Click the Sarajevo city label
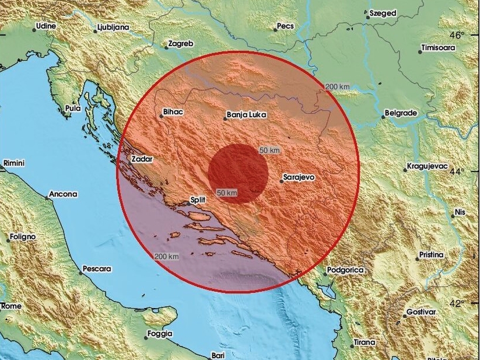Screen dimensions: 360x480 coord(299,175)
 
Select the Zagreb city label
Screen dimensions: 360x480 coord(180,43)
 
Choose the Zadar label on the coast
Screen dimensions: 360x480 coord(142,158)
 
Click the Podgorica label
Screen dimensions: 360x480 coord(345,270)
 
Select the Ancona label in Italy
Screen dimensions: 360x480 coord(63,194)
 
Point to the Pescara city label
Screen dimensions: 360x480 coord(97,269)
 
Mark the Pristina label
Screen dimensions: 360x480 coord(430,255)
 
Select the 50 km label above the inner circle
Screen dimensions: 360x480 coord(269,150)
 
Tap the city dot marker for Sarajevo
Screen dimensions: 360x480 coord(281,181)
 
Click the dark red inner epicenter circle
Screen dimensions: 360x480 coord(239,173)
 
